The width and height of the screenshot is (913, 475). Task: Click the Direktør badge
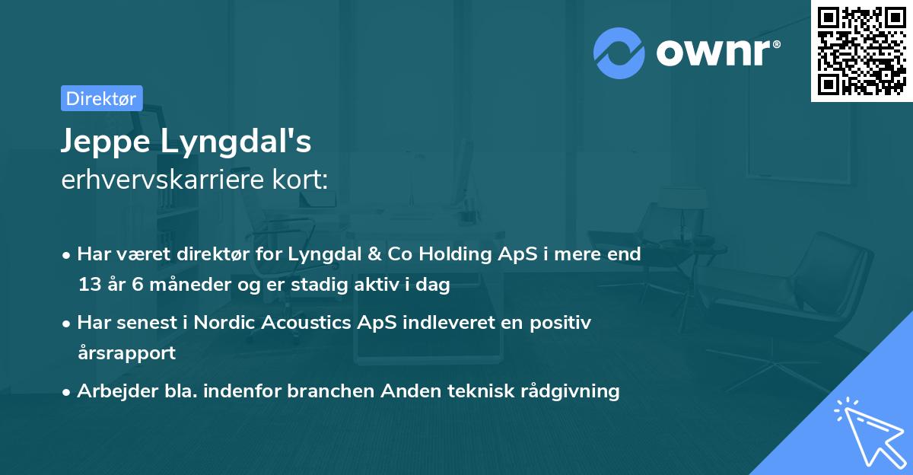[101, 98]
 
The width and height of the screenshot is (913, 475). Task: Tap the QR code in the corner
[861, 50]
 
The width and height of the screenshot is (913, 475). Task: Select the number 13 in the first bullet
[89, 285]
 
